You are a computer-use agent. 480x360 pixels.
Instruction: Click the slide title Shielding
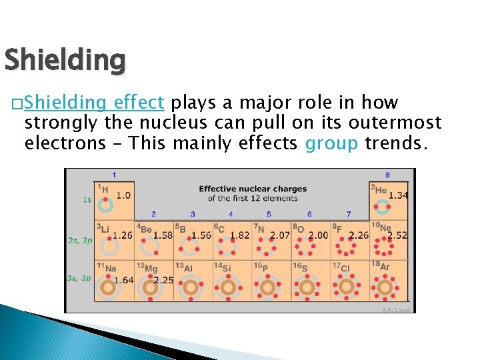[65, 60]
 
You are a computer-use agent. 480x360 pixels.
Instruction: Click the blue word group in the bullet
[331, 143]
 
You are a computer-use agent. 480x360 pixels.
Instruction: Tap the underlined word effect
[139, 103]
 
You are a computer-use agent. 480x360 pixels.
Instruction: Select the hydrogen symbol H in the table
[104, 189]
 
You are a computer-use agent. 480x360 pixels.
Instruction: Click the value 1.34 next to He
[398, 195]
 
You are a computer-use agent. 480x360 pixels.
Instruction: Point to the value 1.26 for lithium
[123, 235]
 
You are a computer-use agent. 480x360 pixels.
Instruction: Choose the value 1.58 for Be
[163, 235]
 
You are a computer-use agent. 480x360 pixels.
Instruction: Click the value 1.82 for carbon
[240, 235]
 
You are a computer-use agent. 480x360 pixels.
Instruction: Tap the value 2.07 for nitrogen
[280, 235]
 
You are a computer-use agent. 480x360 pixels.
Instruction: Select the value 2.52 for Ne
[397, 235]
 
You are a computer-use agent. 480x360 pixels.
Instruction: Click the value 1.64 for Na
[124, 280]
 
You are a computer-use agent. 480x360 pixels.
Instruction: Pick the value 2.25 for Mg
[163, 280]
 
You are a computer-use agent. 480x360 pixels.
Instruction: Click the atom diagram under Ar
[385, 288]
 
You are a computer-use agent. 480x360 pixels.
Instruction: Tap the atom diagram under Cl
[346, 288]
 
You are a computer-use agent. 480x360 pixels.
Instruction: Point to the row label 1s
[87, 199]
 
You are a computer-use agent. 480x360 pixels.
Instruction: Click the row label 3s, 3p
[79, 278]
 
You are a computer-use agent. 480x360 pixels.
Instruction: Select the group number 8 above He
[387, 175]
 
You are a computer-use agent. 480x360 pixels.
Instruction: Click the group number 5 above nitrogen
[269, 214]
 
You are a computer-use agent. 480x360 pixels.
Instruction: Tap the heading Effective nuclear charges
[253, 189]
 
